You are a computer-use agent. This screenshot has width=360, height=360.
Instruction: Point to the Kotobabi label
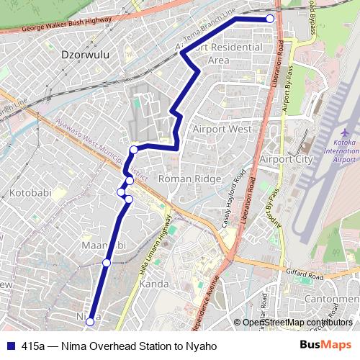click(x=30, y=193)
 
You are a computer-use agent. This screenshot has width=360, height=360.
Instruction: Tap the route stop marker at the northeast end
click(x=270, y=19)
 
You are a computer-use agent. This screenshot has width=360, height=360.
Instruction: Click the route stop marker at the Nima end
click(x=90, y=323)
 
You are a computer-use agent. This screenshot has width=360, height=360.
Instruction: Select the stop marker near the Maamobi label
click(x=107, y=263)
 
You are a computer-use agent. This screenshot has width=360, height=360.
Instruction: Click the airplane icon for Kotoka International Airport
click(x=344, y=133)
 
